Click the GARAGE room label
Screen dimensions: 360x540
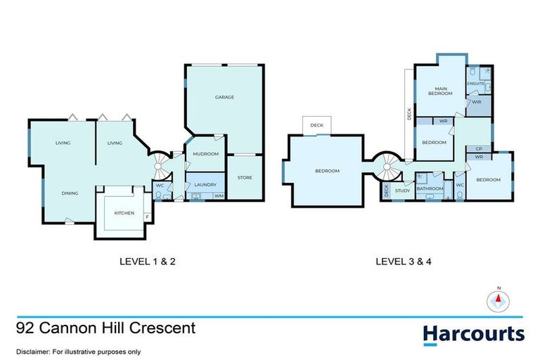(224, 97)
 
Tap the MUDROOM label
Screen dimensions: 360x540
(206, 153)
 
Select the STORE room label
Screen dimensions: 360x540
(244, 177)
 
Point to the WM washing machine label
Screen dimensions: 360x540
(218, 196)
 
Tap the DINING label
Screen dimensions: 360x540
(68, 193)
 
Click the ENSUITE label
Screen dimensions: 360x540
(476, 84)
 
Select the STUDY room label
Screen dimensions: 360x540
(402, 191)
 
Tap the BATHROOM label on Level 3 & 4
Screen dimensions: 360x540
(430, 188)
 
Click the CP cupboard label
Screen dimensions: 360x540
(478, 148)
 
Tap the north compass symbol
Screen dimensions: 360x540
(499, 300)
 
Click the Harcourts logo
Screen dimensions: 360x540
(473, 333)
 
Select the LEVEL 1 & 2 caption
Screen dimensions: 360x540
(150, 263)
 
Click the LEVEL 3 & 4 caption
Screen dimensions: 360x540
(401, 263)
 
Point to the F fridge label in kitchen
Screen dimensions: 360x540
(146, 217)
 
